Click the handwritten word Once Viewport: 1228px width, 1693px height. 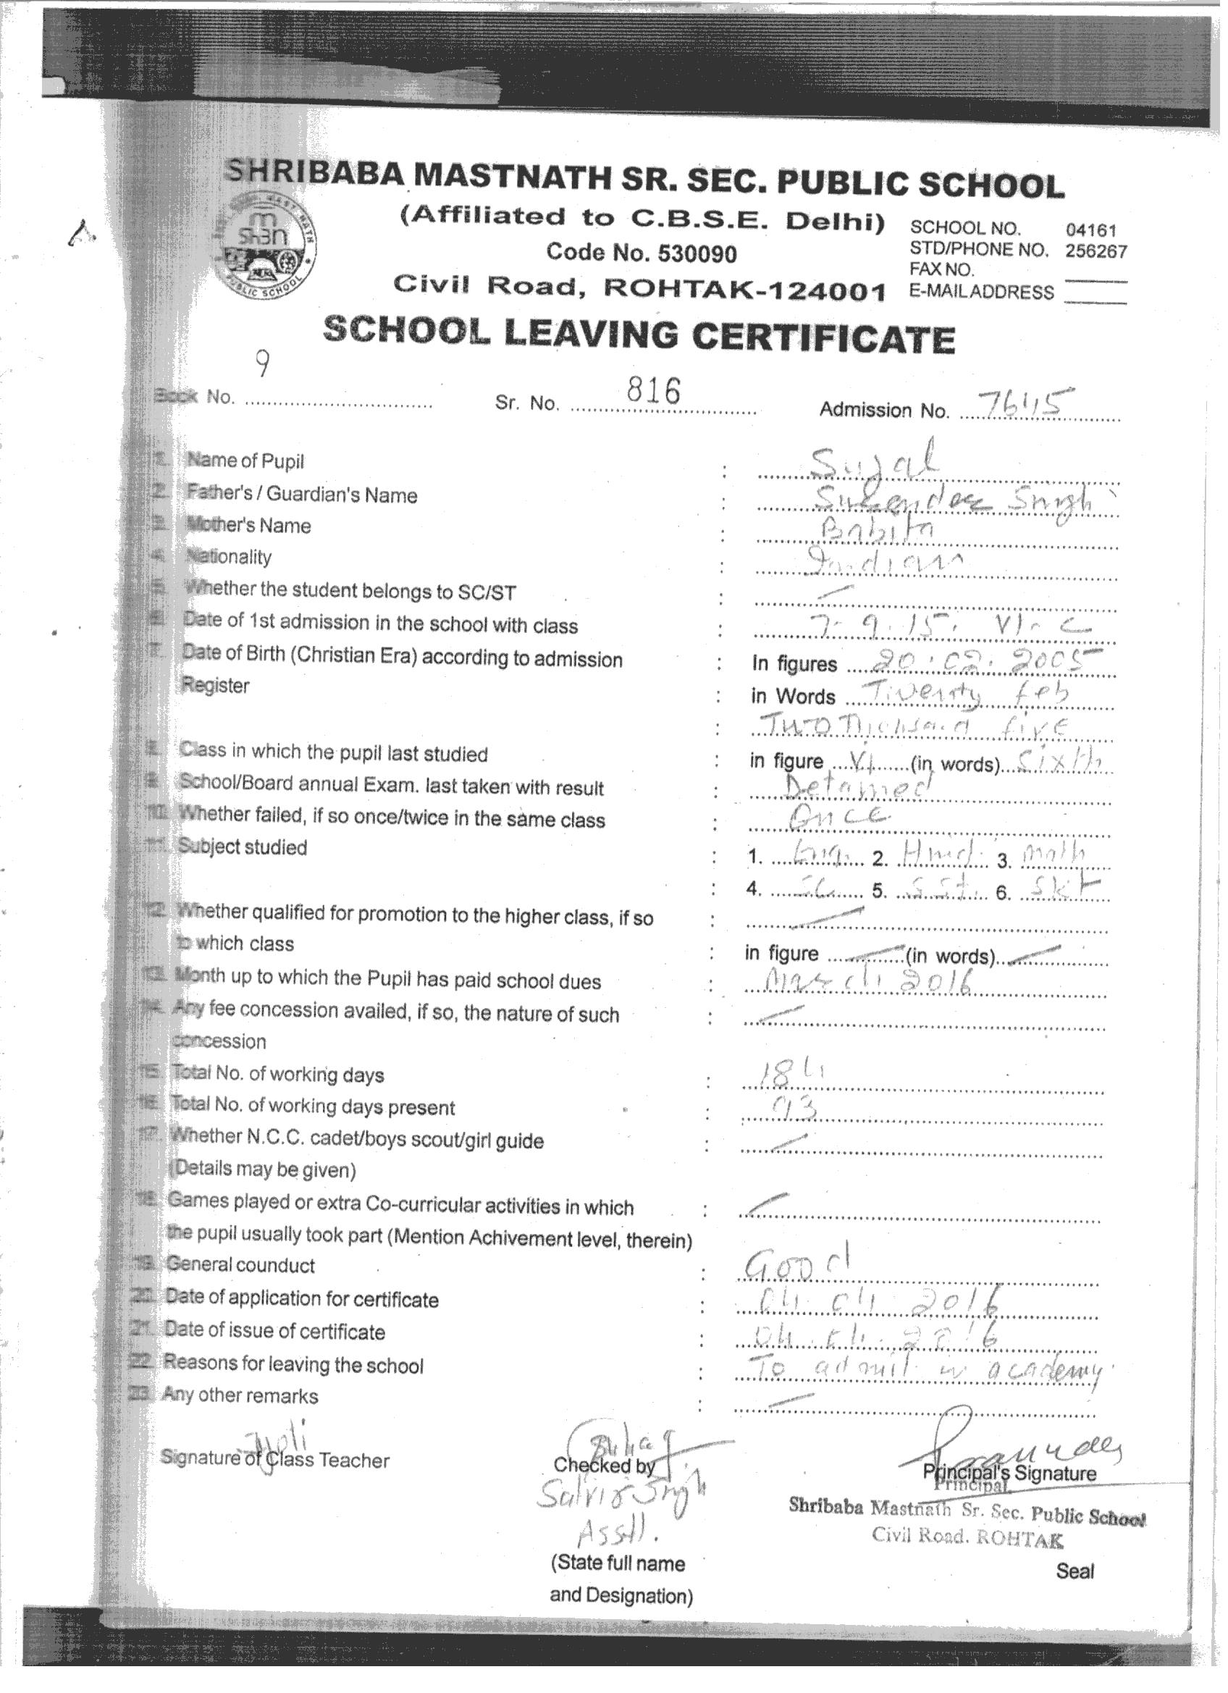coord(839,816)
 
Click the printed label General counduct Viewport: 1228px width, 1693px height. coord(240,1265)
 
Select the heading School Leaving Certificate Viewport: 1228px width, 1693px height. coord(639,336)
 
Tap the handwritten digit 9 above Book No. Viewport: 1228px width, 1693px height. coord(262,365)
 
